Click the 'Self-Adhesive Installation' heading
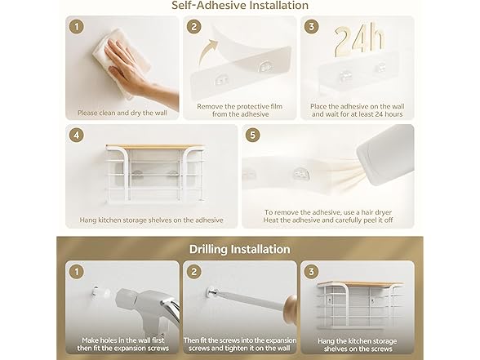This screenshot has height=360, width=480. (240, 5)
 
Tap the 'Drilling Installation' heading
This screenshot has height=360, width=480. (240, 249)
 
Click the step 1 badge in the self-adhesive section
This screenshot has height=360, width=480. (77, 27)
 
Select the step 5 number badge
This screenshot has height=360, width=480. (252, 135)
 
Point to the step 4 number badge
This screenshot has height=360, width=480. (77, 135)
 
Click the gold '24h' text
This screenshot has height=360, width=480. (359, 40)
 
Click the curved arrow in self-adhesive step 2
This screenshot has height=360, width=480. (207, 51)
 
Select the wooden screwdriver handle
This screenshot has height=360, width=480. (291, 310)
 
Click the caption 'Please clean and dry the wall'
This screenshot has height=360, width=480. (122, 113)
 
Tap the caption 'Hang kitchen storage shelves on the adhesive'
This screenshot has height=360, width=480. (151, 220)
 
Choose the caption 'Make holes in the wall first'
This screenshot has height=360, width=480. (123, 340)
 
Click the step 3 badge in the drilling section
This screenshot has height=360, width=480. (311, 272)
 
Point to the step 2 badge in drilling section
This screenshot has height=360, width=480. (193, 272)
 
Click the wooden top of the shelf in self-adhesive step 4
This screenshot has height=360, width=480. (155, 147)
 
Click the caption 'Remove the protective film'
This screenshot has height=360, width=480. (240, 106)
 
